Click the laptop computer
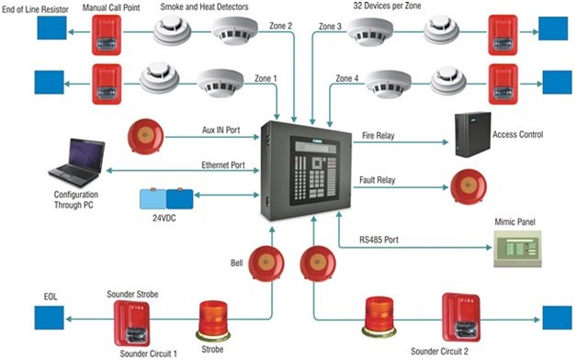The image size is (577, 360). pyautogui.click(x=77, y=163)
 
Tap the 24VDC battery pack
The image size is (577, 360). pyautogui.click(x=166, y=199)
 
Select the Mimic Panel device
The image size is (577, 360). pyautogui.click(x=517, y=249)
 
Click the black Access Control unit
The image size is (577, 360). pyautogui.click(x=473, y=135)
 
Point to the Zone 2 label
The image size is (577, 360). pyautogui.click(x=281, y=26)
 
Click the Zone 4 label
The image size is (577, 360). pyautogui.click(x=347, y=78)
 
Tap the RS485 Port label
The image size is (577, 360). pyautogui.click(x=379, y=240)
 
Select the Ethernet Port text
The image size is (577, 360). pyautogui.click(x=223, y=165)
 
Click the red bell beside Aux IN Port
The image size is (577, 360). pyautogui.click(x=146, y=136)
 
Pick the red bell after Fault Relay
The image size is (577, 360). pyautogui.click(x=469, y=186)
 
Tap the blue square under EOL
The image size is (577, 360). pyautogui.click(x=50, y=318)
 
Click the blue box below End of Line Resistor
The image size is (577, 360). pyautogui.click(x=51, y=28)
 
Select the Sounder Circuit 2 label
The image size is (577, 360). pyautogui.click(x=439, y=352)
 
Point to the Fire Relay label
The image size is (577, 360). pyautogui.click(x=378, y=136)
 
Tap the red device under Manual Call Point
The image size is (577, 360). pyautogui.click(x=107, y=35)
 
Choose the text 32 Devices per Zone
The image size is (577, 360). pyautogui.click(x=387, y=6)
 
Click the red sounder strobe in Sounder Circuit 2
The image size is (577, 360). pyautogui.click(x=461, y=317)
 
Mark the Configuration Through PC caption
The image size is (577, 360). pyautogui.click(x=76, y=199)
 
